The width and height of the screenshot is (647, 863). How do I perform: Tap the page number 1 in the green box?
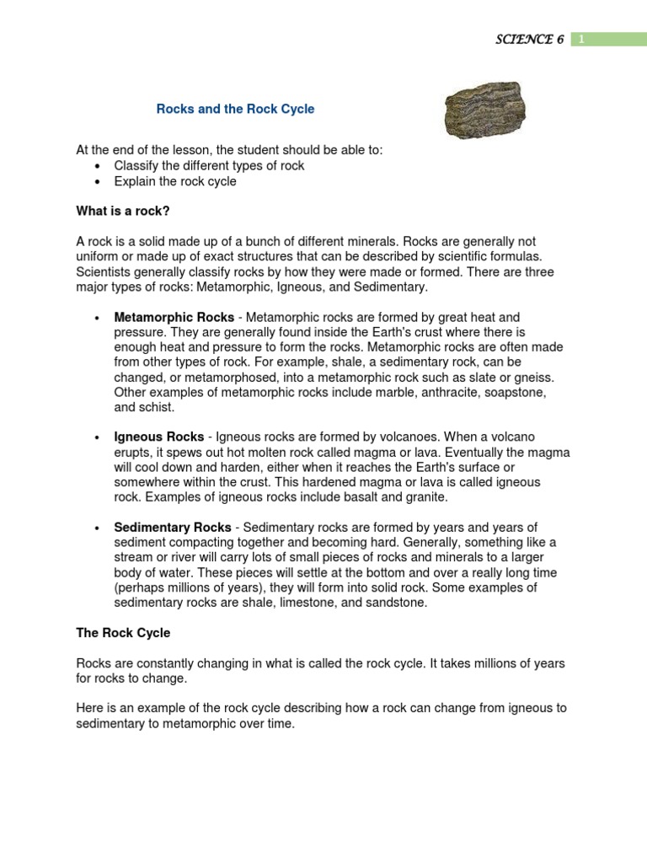(x=580, y=40)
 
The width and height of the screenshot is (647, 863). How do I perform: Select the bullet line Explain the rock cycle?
(x=175, y=181)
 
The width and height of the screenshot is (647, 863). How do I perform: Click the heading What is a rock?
(x=128, y=210)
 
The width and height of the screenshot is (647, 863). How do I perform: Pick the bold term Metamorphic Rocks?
(x=174, y=318)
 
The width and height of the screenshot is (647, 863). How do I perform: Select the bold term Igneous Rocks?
(x=159, y=437)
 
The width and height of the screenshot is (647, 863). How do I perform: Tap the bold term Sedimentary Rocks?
(x=173, y=527)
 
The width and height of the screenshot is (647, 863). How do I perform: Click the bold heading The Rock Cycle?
(x=122, y=632)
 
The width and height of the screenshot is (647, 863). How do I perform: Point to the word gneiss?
(x=528, y=378)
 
